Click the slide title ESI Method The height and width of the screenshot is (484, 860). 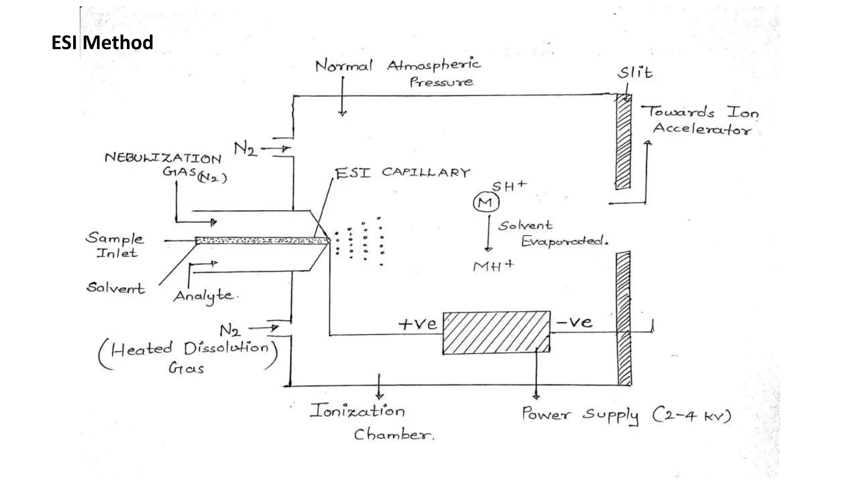[102, 42]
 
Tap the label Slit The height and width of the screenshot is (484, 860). [635, 73]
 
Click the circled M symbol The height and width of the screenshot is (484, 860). [486, 203]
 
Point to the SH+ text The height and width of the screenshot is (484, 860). [509, 186]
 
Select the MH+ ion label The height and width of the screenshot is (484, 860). [493, 266]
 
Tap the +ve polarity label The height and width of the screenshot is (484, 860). [417, 324]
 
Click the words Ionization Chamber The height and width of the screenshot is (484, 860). [370, 421]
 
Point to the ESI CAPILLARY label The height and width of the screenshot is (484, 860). [402, 173]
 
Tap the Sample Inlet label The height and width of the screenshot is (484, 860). [114, 245]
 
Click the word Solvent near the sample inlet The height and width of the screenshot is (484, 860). [115, 288]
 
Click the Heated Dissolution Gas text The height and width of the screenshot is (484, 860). [188, 357]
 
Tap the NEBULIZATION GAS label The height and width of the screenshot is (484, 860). [164, 165]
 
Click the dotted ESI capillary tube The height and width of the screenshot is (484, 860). [261, 241]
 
